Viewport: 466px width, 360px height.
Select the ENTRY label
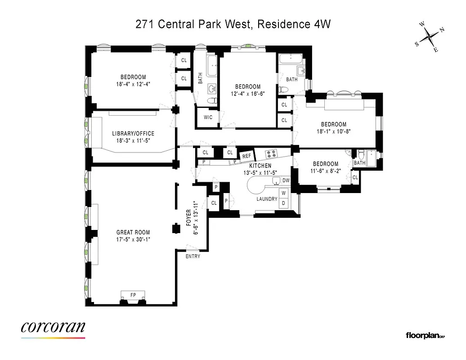click(193, 256)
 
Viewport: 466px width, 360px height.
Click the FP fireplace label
click(133, 295)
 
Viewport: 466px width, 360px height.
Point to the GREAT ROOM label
click(133, 233)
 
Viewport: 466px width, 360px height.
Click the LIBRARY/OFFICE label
click(133, 134)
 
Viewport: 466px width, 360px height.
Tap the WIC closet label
click(208, 117)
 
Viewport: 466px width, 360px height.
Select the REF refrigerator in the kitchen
click(246, 156)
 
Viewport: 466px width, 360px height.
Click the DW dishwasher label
click(286, 180)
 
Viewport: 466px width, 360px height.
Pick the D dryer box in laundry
click(283, 203)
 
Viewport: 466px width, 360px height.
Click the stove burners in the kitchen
click(272, 154)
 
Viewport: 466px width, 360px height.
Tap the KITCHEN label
click(260, 166)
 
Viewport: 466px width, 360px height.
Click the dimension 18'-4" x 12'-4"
click(133, 84)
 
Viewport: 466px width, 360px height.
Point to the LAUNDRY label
click(267, 199)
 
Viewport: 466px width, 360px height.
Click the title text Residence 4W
click(294, 24)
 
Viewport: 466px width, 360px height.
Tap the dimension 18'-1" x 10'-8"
click(333, 131)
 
